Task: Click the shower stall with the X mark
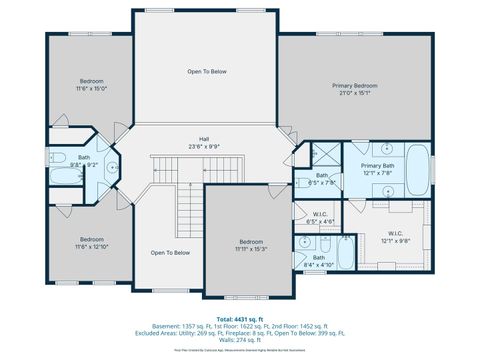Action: point(324,156)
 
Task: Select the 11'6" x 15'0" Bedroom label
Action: point(92,85)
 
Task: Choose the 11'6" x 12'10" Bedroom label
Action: point(92,243)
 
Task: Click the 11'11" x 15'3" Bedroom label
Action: point(251,245)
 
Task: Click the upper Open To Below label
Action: point(206,72)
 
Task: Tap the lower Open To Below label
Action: point(170,253)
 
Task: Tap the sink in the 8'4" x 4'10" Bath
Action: point(303,243)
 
